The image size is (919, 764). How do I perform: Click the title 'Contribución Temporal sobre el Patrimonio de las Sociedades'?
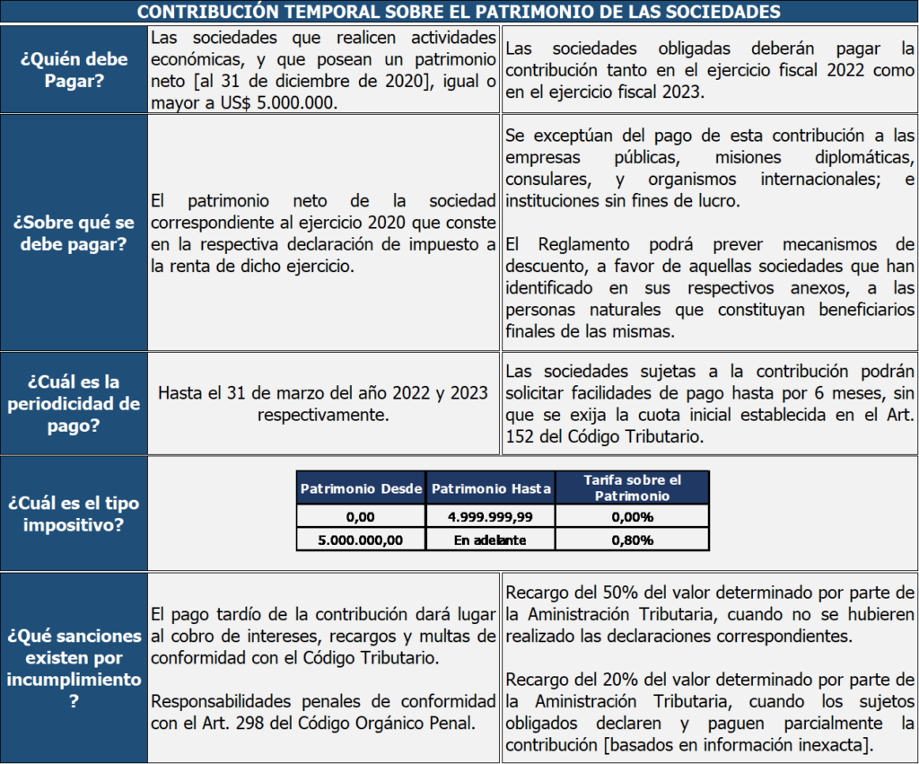[x=459, y=12]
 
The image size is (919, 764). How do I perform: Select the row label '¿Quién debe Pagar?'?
[x=74, y=70]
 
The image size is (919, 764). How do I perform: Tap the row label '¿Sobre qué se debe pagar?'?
[x=74, y=232]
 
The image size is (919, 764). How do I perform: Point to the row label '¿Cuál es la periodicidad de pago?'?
[x=74, y=404]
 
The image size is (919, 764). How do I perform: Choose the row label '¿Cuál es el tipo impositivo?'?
[x=74, y=514]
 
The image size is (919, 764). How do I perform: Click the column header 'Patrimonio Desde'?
[x=361, y=488]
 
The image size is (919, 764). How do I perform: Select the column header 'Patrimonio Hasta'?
[x=491, y=488]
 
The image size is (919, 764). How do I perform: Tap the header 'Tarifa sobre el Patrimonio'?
[x=633, y=487]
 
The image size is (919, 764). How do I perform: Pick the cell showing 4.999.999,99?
[x=491, y=517]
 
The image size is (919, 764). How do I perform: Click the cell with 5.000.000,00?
[x=361, y=540]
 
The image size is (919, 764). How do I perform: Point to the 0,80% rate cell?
[x=633, y=540]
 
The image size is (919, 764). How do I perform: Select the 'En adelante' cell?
[x=491, y=540]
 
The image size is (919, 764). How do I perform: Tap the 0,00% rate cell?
[x=633, y=517]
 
